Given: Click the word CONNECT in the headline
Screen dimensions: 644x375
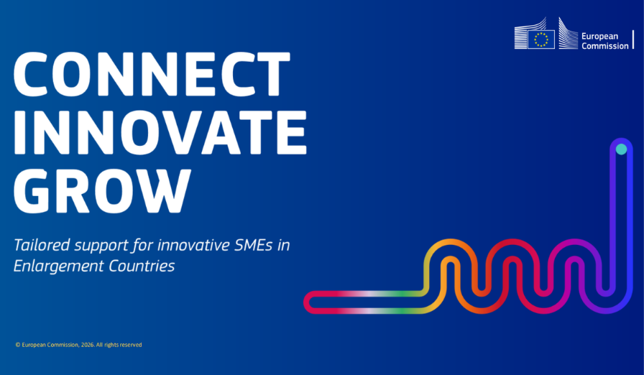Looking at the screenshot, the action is pyautogui.click(x=152, y=74).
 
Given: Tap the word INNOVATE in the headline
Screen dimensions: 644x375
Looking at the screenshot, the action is pyautogui.click(x=160, y=132).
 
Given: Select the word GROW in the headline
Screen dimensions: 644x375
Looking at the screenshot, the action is pyautogui.click(x=103, y=191).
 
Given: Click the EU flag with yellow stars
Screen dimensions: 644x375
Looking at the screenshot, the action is pyautogui.click(x=541, y=40).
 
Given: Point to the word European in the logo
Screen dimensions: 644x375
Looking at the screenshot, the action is pyautogui.click(x=599, y=37).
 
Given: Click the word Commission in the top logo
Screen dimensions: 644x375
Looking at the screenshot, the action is pyautogui.click(x=605, y=46).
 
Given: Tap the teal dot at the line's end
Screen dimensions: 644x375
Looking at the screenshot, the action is pyautogui.click(x=622, y=149).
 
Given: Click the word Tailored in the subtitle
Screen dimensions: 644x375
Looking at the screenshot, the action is pyautogui.click(x=42, y=245).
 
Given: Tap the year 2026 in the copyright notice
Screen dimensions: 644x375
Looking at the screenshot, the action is pyautogui.click(x=88, y=345).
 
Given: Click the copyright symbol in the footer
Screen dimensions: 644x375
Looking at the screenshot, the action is pyautogui.click(x=18, y=345).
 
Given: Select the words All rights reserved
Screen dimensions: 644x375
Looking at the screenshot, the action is pyautogui.click(x=119, y=345).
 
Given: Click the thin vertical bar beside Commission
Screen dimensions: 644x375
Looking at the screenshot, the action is pyautogui.click(x=633, y=40).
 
